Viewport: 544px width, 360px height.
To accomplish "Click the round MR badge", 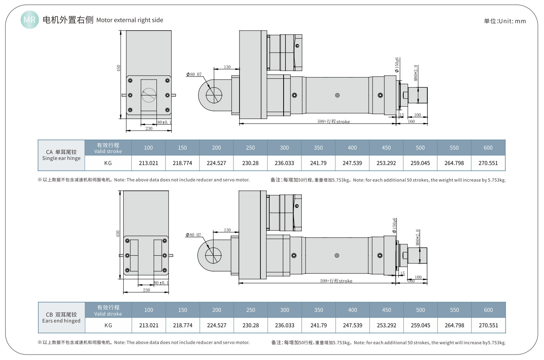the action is [30, 20].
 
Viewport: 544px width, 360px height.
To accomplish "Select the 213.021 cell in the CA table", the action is [148, 163].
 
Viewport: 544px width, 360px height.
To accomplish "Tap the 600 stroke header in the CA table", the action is [488, 148].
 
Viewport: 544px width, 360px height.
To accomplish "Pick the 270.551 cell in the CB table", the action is [488, 325].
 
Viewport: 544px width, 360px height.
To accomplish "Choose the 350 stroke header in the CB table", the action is [319, 310].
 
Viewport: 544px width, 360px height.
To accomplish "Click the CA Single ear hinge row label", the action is [61, 155].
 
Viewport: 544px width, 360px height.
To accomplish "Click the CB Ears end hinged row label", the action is [61, 318].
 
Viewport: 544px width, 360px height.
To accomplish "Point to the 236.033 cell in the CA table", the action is [284, 163].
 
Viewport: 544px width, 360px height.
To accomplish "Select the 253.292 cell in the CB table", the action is [386, 325].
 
